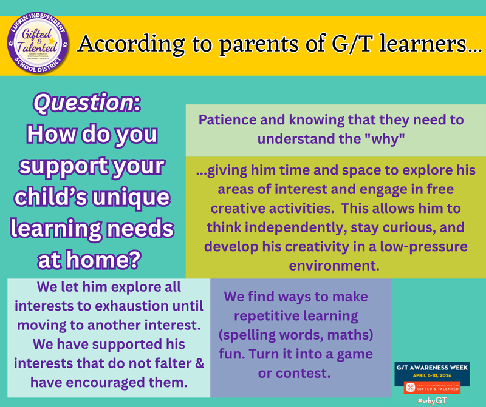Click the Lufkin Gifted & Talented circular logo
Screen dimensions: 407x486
pyautogui.click(x=36, y=44)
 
